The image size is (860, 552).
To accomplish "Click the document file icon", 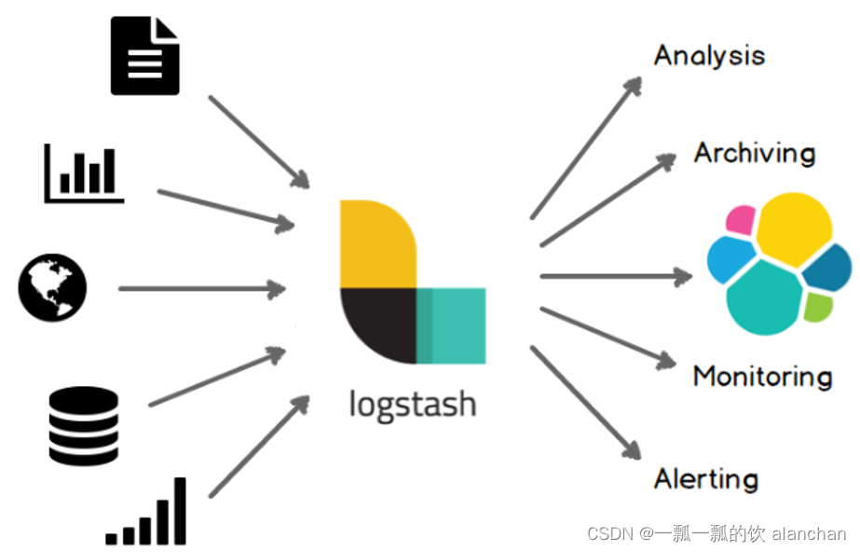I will coord(144,57).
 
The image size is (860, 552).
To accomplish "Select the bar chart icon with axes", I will coord(84,173).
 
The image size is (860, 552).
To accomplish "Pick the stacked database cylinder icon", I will coord(84,426).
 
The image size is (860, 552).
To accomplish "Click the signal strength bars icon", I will coord(147,514).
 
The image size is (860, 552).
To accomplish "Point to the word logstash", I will coord(413,404).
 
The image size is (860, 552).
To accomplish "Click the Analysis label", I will coord(709,55).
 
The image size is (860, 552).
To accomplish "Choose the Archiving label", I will coord(754,153).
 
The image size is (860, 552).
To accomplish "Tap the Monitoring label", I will coord(762,377).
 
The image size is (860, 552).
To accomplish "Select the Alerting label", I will coord(705,479).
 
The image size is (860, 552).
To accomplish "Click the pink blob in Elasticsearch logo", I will coord(740,220).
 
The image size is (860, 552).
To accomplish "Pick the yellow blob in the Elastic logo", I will coord(794,228).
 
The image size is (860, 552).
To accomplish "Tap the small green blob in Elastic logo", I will coord(816,306).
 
